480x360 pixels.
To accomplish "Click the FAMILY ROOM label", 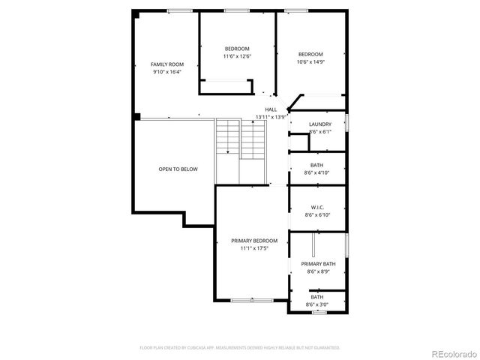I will pyautogui.click(x=167, y=64).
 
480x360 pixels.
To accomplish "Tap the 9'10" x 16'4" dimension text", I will pyautogui.click(x=167, y=73).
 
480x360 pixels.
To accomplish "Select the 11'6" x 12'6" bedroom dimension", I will pyautogui.click(x=237, y=56).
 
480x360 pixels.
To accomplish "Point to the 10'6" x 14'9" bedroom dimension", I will pyautogui.click(x=310, y=62).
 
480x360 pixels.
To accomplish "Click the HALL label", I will pyautogui.click(x=271, y=109).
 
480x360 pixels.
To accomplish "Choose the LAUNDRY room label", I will pyautogui.click(x=320, y=124).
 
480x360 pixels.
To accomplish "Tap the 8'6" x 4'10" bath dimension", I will pyautogui.click(x=318, y=173).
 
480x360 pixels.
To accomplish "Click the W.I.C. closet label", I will pyautogui.click(x=318, y=206).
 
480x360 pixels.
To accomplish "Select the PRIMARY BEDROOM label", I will pyautogui.click(x=254, y=241).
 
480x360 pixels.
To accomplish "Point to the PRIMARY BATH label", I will pyautogui.click(x=319, y=264).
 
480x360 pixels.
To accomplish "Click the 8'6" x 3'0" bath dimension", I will pyautogui.click(x=318, y=305).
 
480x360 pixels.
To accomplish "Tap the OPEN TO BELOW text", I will pyautogui.click(x=178, y=169).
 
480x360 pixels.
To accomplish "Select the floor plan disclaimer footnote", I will pyautogui.click(x=240, y=348).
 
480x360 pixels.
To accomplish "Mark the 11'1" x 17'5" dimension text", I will pyautogui.click(x=254, y=248).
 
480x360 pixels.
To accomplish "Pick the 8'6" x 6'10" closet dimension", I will pyautogui.click(x=318, y=214).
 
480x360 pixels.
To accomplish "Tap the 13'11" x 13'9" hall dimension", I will pyautogui.click(x=271, y=117).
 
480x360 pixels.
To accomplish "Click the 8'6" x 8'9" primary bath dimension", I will pyautogui.click(x=319, y=272).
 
